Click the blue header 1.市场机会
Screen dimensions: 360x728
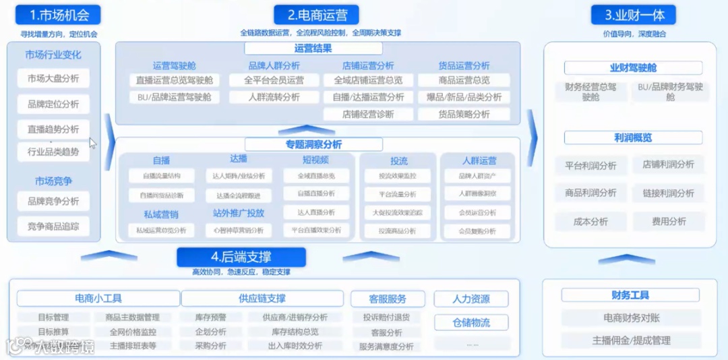pyautogui.click(x=56, y=15)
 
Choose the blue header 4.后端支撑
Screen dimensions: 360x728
pyautogui.click(x=241, y=257)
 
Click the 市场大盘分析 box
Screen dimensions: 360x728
pyautogui.click(x=53, y=79)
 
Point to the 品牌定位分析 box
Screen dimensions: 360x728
pyautogui.click(x=53, y=104)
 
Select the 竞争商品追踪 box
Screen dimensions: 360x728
pyautogui.click(x=53, y=227)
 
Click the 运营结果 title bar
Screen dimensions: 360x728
pyautogui.click(x=313, y=49)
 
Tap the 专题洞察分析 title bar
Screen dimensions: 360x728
pyautogui.click(x=313, y=144)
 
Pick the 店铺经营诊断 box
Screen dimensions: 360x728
pyautogui.click(x=368, y=115)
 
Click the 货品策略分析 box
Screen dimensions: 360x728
pyautogui.click(x=464, y=115)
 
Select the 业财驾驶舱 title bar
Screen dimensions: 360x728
pyautogui.click(x=633, y=68)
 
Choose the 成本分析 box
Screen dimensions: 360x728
pyautogui.click(x=590, y=222)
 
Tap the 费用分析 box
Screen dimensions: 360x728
pyautogui.click(x=669, y=222)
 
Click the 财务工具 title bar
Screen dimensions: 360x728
pyautogui.click(x=630, y=295)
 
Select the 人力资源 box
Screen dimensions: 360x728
pyautogui.click(x=471, y=299)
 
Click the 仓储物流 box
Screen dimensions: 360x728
pyautogui.click(x=471, y=323)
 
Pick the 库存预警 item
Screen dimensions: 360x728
pyautogui.click(x=210, y=318)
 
